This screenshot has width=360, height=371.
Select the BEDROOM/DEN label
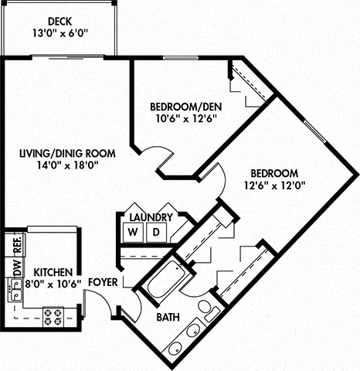pyautogui.click(x=183, y=106)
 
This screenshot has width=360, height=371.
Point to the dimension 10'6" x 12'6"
pyautogui.click(x=183, y=118)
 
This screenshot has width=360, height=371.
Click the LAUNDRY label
pyautogui.click(x=151, y=217)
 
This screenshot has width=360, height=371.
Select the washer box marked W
pyautogui.click(x=133, y=232)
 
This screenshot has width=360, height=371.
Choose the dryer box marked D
pyautogui.click(x=155, y=232)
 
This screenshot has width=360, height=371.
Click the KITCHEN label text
pyautogui.click(x=53, y=273)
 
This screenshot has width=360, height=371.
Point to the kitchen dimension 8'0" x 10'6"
pyautogui.click(x=53, y=284)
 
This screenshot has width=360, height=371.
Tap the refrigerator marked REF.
pyautogui.click(x=16, y=246)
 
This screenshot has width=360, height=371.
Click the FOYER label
pyautogui.click(x=103, y=283)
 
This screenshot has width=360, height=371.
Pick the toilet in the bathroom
pyautogui.click(x=207, y=308)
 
